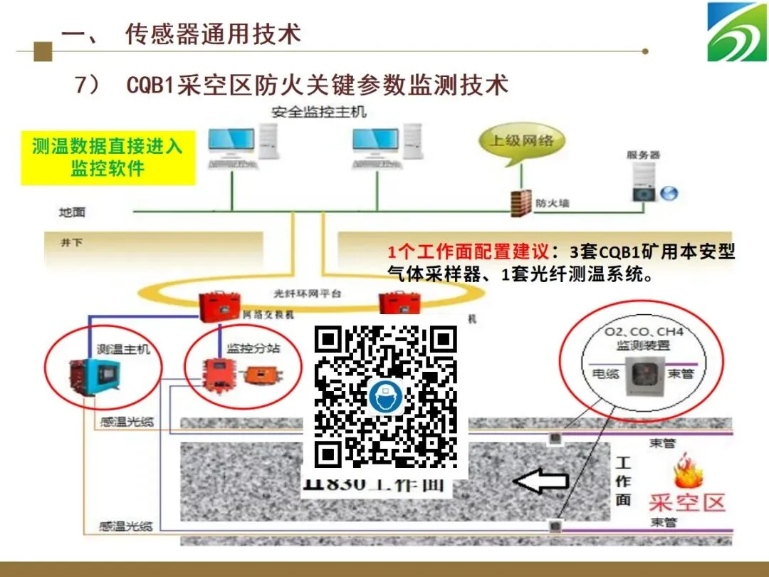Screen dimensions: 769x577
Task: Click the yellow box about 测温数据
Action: tap(108, 157)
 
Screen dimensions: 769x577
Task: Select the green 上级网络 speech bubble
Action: tap(521, 140)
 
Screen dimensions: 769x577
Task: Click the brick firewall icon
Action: tap(523, 203)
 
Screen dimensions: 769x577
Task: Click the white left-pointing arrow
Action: tap(540, 482)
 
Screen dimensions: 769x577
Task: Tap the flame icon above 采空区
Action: tap(689, 471)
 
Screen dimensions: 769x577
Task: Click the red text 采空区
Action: tap(686, 502)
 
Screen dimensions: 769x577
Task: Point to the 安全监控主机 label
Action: tap(318, 112)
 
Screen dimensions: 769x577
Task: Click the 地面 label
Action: tap(72, 212)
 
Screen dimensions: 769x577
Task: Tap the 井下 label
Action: tap(72, 243)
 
